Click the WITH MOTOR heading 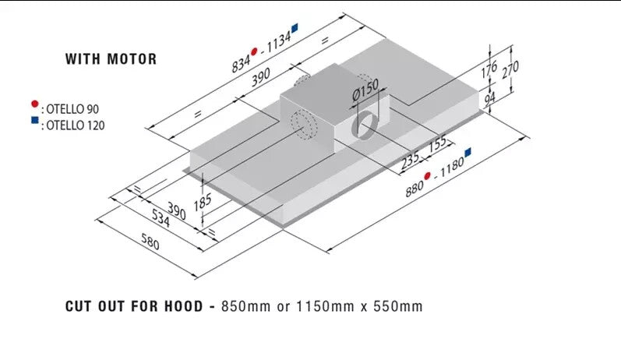[x=111, y=58]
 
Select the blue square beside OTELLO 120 [x=34, y=121]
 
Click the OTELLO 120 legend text [x=74, y=125]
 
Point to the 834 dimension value [x=241, y=63]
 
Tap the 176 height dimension [x=489, y=71]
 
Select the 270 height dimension [x=510, y=71]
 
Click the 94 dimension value [x=489, y=100]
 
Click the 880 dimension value [x=413, y=187]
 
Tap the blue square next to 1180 [x=468, y=151]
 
